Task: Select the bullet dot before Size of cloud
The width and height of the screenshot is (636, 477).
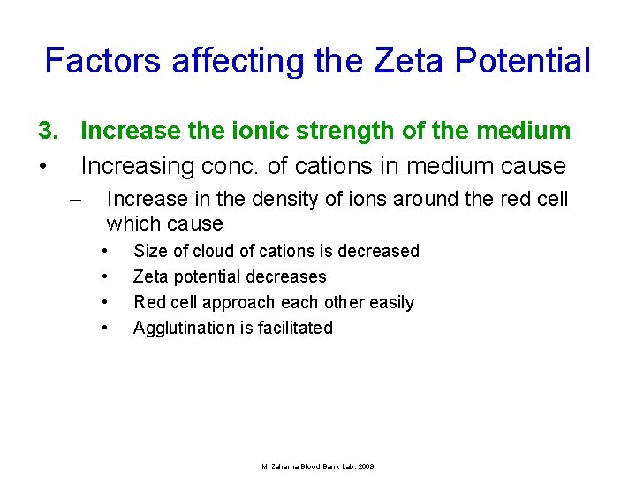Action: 104,251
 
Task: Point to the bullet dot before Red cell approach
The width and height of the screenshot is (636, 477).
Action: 104,302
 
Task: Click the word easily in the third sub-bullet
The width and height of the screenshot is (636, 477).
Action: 390,302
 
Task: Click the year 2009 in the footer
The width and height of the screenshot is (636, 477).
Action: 366,466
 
